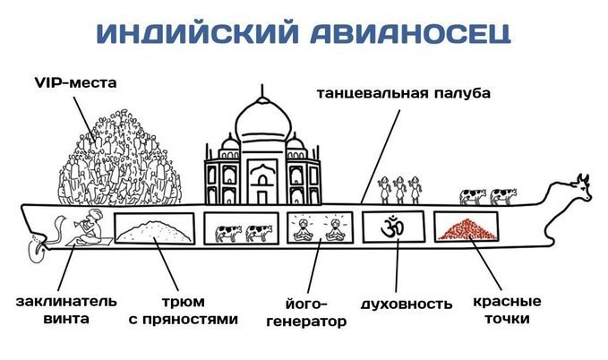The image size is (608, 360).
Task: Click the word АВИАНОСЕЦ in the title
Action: pos(410,33)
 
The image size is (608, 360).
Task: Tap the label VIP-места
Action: pos(75,82)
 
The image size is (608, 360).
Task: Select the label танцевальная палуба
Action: pos(404,93)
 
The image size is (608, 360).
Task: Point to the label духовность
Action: pos(407,304)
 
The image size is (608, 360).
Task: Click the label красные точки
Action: pos(507,310)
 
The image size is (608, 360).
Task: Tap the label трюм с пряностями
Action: pos(183,311)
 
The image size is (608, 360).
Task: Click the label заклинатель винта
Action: pos(66,310)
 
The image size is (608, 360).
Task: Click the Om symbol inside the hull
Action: pos(392,227)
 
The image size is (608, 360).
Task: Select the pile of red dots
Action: pos(467,229)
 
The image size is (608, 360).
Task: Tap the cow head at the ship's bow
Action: pos(578,188)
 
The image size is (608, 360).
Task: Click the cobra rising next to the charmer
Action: pos(59,228)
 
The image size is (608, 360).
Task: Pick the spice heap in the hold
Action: pos(155,231)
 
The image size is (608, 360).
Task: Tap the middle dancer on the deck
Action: pos(399,190)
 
